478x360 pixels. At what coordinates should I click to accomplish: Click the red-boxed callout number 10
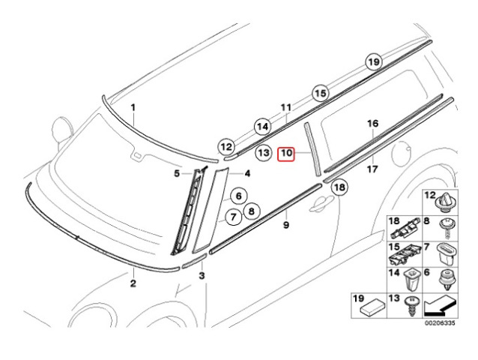pyautogui.click(x=285, y=154)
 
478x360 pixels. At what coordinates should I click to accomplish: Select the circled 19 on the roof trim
pyautogui.click(x=374, y=62)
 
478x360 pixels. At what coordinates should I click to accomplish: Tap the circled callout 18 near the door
pyautogui.click(x=339, y=187)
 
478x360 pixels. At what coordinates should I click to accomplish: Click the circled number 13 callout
pyautogui.click(x=264, y=152)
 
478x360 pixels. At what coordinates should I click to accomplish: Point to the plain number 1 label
pyautogui.click(x=133, y=107)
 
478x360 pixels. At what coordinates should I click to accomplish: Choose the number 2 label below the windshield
pyautogui.click(x=133, y=283)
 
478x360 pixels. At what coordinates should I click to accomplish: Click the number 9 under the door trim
pyautogui.click(x=286, y=225)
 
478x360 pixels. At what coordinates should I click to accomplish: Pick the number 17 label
pyautogui.click(x=372, y=169)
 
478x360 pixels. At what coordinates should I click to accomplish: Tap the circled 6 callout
pyautogui.click(x=238, y=196)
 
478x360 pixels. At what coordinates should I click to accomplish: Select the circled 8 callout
pyautogui.click(x=251, y=211)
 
